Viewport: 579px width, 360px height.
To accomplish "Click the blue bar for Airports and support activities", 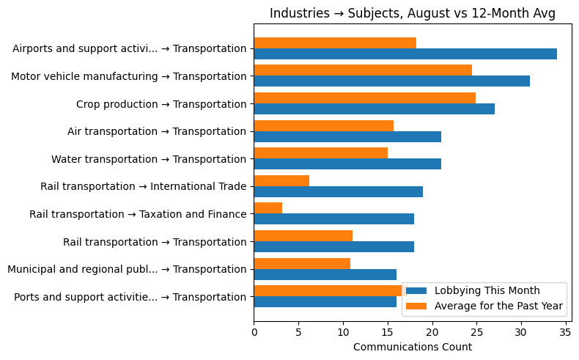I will [405, 54].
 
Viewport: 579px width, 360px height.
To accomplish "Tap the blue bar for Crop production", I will [374, 109].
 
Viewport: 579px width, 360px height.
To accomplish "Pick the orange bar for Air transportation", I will [323, 125].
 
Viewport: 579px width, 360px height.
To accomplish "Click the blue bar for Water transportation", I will [347, 164].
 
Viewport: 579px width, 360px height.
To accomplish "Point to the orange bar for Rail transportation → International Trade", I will [281, 180].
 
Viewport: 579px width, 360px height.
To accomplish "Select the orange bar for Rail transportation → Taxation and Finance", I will [268, 208].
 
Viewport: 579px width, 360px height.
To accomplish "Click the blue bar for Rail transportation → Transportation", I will [334, 247].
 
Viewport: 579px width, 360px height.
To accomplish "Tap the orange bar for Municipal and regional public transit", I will [302, 263].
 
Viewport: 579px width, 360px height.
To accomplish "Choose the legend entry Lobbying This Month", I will [487, 290].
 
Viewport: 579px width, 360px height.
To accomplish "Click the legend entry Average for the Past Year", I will [498, 306].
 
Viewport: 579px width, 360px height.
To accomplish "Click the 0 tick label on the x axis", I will [254, 331].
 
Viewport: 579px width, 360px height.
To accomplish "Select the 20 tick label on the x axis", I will [432, 331].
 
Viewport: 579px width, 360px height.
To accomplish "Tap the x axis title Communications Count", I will [412, 347].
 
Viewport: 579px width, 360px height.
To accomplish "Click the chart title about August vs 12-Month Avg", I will [412, 13].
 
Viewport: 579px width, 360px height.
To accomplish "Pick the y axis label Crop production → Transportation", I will [161, 104].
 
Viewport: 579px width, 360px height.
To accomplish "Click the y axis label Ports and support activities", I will [130, 297].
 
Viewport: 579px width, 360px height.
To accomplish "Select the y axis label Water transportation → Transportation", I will [149, 159].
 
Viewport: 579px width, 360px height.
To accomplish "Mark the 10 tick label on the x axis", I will [343, 331].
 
